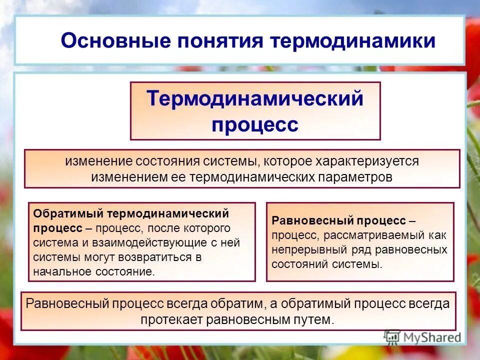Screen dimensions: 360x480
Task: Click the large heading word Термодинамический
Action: (x=255, y=98)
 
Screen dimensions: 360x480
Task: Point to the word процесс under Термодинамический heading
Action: (x=255, y=124)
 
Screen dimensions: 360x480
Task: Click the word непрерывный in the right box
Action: (x=304, y=249)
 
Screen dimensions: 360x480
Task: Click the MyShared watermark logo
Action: (x=422, y=337)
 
